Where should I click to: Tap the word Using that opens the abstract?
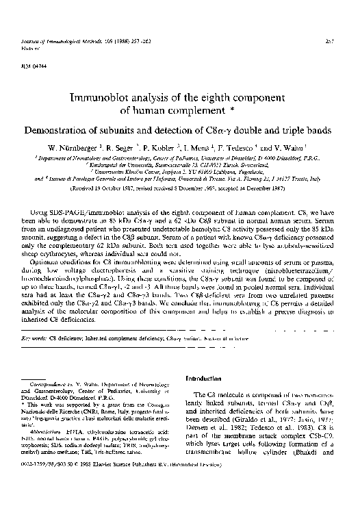[x=41, y=197]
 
